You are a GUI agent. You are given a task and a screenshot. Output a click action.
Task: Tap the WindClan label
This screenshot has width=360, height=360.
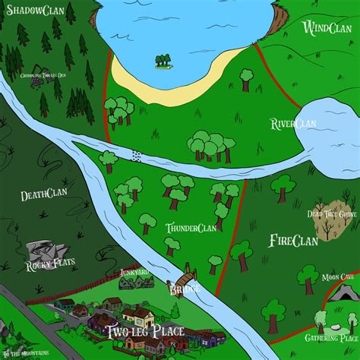click(x=325, y=29)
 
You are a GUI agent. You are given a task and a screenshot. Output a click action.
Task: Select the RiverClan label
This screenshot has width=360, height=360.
click(x=293, y=124)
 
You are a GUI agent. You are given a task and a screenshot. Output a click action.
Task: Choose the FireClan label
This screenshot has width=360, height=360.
click(x=293, y=241)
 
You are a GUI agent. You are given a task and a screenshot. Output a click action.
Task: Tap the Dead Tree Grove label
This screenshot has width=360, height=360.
click(x=332, y=215)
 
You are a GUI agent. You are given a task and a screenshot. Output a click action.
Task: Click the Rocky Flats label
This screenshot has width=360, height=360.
click(x=47, y=266)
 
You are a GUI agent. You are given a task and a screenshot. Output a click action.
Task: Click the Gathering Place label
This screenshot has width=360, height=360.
click(x=331, y=337)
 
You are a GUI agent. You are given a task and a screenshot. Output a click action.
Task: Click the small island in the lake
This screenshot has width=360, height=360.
click(x=163, y=59)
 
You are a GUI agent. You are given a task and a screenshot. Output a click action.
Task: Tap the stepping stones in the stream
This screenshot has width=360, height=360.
click(x=137, y=156)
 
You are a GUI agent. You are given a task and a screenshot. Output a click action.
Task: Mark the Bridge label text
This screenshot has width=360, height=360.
click(x=184, y=289)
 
